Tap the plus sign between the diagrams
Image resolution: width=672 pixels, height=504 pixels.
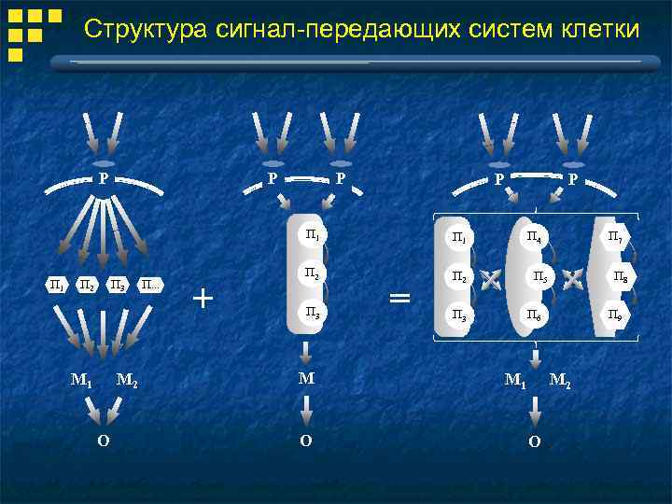pos(203,299)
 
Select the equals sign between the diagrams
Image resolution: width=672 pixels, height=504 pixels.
pos(399,299)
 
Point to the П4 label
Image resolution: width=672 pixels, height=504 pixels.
pos(533,237)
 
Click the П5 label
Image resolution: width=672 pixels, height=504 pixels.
pos(539,276)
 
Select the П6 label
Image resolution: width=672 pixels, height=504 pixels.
pos(533,315)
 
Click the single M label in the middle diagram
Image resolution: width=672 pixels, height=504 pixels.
pos(305,379)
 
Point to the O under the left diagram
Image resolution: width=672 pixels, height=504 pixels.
pos(103,440)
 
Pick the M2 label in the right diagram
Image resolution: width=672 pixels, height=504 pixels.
pos(561,380)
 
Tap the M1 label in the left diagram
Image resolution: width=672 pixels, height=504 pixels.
pos(82,380)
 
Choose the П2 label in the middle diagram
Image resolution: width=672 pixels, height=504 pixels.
pos(313,273)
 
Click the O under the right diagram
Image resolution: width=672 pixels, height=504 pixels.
pos(534,441)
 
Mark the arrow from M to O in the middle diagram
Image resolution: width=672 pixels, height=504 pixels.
pos(305,410)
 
